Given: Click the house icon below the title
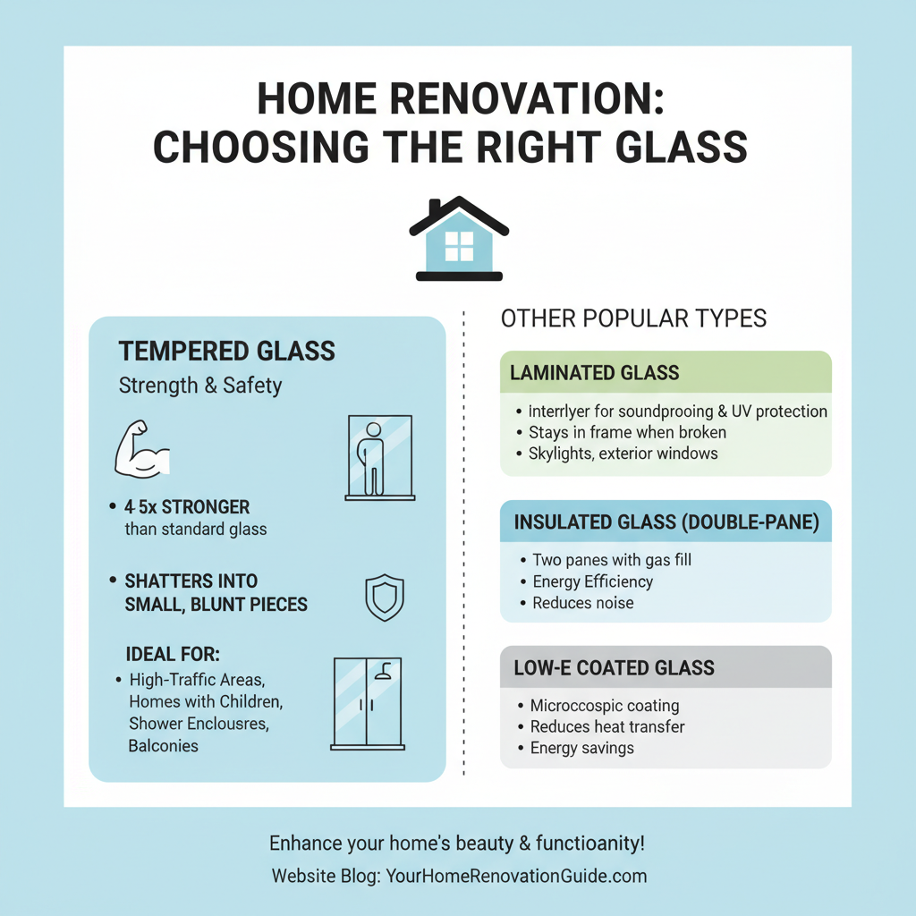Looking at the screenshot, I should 458,239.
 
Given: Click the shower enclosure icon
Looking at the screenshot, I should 368,703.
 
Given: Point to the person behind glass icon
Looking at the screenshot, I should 378,457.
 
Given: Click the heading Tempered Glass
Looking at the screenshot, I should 226,351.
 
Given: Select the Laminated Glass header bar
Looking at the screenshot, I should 666,372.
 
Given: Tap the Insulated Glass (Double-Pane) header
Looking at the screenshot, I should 666,523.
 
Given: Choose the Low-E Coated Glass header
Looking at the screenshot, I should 666,667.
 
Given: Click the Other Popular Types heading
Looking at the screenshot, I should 633,318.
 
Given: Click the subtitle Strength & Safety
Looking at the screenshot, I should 200,386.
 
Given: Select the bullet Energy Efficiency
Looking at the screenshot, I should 592,581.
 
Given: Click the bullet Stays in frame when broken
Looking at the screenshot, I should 627,432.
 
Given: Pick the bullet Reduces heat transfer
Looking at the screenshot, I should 607,726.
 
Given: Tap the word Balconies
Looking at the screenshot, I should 164,745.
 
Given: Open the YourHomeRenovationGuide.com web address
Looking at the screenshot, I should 516,876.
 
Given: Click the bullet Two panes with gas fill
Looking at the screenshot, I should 612,560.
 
